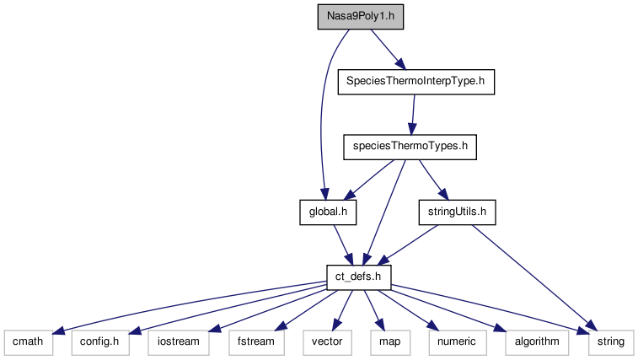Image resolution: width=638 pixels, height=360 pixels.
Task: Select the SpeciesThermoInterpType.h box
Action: (415, 83)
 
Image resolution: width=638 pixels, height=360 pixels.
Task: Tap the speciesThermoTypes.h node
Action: (410, 147)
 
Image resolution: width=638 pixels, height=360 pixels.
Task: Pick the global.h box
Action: (328, 212)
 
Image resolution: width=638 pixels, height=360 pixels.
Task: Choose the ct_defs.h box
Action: (359, 276)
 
